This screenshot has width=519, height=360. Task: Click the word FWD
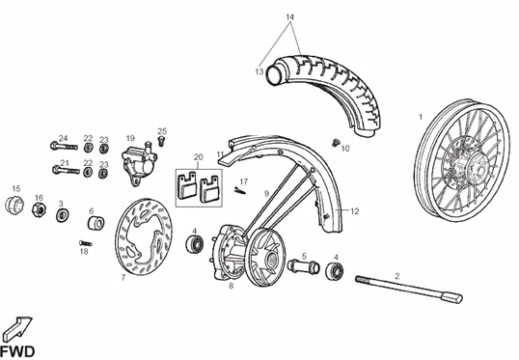16,351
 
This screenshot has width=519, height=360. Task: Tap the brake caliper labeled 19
138,163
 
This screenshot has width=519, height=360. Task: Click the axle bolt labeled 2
409,289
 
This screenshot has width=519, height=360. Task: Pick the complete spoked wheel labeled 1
461,159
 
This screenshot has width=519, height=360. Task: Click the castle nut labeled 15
14,205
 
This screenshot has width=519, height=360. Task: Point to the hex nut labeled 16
39,210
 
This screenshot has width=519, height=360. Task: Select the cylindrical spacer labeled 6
96,223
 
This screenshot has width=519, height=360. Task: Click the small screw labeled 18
86,243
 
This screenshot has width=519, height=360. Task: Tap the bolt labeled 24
64,146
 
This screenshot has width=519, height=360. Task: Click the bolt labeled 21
66,171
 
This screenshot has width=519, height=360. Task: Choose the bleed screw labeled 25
161,141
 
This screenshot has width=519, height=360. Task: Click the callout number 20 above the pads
199,157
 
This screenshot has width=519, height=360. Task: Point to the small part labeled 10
336,143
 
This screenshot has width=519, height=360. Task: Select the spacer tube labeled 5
304,266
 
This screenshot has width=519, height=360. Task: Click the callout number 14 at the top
290,17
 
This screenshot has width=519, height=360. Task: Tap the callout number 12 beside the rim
354,211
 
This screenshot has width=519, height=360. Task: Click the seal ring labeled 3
63,215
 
